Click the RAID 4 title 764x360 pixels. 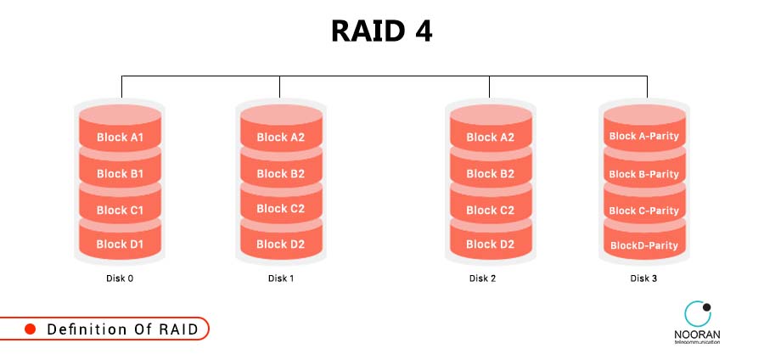381,31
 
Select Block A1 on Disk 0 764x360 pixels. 120,137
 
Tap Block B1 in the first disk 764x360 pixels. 120,173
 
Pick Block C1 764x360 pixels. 120,210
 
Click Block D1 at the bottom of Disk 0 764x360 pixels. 120,245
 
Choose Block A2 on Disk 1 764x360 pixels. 280,137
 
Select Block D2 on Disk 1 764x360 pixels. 280,245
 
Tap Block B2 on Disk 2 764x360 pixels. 490,173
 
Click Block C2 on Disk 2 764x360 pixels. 490,210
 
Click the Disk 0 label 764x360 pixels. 120,278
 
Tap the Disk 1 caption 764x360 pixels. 280,278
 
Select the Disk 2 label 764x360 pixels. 482,278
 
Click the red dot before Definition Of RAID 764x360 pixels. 30,329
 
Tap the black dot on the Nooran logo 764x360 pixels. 706,307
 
